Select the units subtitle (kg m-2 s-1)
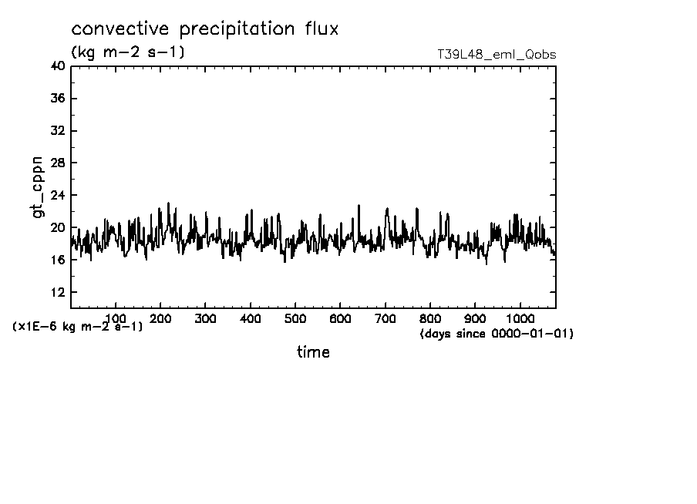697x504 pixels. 127,52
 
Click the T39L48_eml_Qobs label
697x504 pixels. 496,55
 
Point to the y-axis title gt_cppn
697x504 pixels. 38,186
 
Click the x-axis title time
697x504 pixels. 313,352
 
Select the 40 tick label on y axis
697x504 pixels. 57,66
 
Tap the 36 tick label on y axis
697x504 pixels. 57,99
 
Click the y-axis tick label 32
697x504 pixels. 57,131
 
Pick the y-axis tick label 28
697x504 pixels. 57,163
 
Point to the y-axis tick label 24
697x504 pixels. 57,196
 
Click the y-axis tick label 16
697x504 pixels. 57,260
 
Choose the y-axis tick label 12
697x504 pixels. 57,292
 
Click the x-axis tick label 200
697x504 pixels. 160,318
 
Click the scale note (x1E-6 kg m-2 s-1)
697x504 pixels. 77,327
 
